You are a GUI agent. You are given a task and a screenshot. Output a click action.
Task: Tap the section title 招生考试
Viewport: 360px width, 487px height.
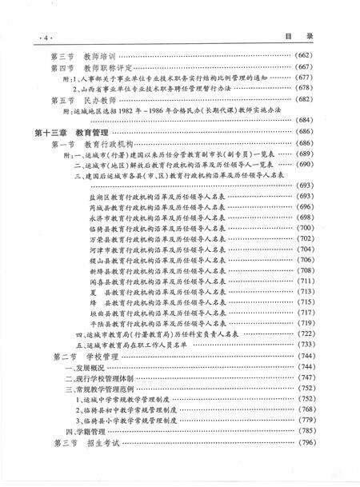[x=88, y=465]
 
